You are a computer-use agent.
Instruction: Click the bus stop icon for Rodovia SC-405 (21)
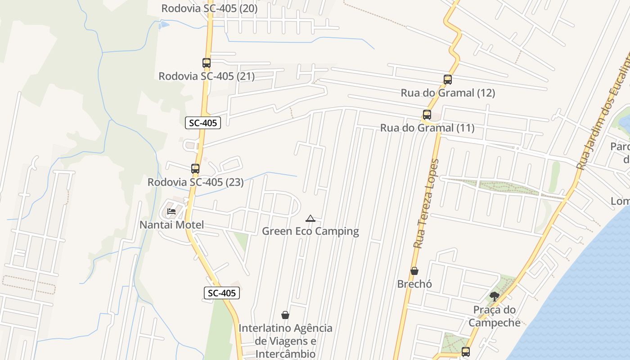[207, 63]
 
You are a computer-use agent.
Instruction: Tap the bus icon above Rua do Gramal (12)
[447, 80]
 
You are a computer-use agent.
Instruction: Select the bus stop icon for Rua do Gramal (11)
[427, 115]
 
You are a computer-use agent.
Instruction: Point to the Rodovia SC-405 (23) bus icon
[195, 169]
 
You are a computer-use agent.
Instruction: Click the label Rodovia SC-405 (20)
[209, 8]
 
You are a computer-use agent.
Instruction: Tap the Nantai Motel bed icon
[171, 211]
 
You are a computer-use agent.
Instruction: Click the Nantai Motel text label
[171, 225]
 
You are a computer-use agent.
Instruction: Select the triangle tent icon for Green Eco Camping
[310, 219]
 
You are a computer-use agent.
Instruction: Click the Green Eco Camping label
[310, 231]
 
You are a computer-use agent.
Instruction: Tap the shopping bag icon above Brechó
[414, 271]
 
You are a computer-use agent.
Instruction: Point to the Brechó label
[414, 284]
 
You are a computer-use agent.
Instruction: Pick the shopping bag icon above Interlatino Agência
[285, 315]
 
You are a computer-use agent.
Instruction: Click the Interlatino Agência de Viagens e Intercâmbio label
[285, 341]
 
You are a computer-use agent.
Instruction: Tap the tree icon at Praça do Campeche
[495, 296]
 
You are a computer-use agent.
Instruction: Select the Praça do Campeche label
[495, 316]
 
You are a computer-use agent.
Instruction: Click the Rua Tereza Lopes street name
[426, 203]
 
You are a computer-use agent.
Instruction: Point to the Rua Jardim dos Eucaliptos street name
[603, 112]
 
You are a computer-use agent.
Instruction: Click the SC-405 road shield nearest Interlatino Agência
[222, 293]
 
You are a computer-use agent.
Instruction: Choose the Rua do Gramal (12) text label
[448, 93]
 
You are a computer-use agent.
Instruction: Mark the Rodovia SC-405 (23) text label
[195, 182]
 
